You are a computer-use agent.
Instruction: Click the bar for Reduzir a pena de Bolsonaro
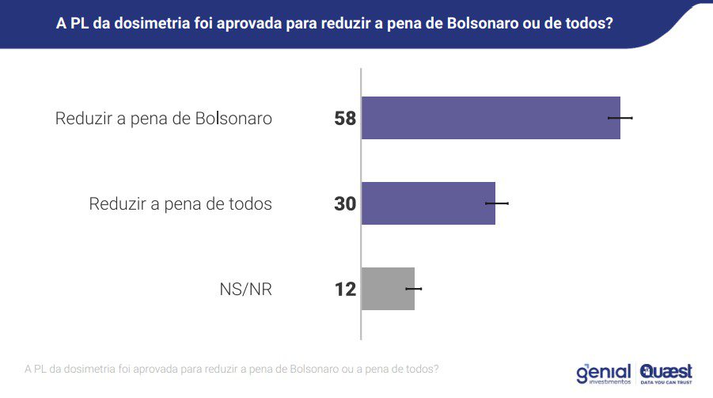point(491,118)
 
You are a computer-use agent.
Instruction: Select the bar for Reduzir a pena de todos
point(428,203)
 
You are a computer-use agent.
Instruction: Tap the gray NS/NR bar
point(388,289)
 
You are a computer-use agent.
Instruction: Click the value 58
point(345,119)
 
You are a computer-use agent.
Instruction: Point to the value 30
point(345,204)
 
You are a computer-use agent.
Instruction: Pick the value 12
point(345,290)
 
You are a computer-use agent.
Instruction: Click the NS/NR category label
point(245,290)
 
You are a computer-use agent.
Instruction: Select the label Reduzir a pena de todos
point(180,204)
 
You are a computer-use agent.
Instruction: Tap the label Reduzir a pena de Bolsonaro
point(164,119)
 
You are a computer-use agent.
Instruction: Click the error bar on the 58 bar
point(620,118)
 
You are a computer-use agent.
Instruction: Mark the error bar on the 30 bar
point(496,203)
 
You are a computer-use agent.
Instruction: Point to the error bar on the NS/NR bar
point(414,289)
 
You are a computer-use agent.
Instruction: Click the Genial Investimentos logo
point(604,373)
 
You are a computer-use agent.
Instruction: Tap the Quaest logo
point(666,373)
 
